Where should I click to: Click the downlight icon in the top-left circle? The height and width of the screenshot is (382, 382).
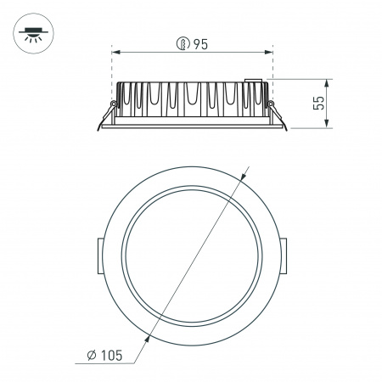point(34,34)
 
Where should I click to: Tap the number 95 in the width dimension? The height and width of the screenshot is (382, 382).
point(200,45)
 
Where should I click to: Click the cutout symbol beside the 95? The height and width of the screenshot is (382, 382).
point(181,45)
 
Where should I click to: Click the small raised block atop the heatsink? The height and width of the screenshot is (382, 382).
point(251,81)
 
